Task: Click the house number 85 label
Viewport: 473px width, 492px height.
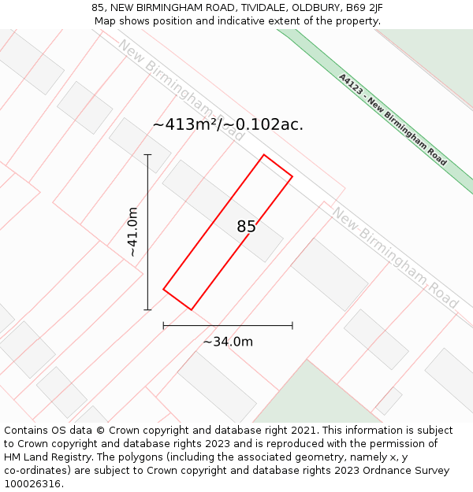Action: click(246, 227)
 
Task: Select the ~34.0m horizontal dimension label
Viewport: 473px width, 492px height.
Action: click(228, 342)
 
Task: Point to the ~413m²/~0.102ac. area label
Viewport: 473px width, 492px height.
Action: click(228, 124)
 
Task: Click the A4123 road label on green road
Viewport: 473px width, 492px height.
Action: click(392, 120)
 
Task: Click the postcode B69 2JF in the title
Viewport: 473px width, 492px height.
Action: click(364, 8)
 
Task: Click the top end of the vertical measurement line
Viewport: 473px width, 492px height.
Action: click(147, 154)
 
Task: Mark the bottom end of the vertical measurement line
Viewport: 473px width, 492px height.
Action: click(147, 309)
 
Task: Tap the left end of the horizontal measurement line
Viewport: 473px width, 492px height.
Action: click(163, 325)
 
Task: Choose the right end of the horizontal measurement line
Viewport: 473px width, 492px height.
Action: click(292, 325)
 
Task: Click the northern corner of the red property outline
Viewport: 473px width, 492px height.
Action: click(263, 154)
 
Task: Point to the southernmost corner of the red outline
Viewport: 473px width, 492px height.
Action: click(192, 309)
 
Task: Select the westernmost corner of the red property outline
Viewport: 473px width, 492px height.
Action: click(163, 289)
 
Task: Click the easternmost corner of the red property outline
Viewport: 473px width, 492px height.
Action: click(292, 176)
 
